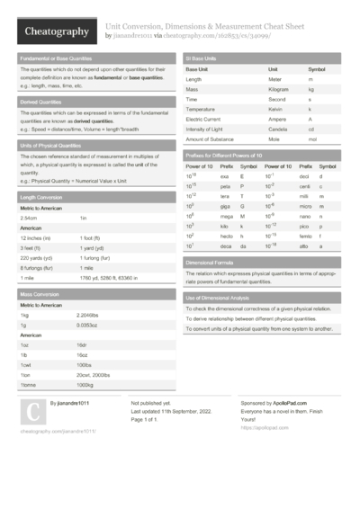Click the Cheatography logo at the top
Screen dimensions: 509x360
tap(56, 31)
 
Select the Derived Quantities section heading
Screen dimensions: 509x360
tap(41, 103)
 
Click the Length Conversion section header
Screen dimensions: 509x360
tap(41, 196)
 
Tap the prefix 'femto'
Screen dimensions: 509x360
tap(305, 235)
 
